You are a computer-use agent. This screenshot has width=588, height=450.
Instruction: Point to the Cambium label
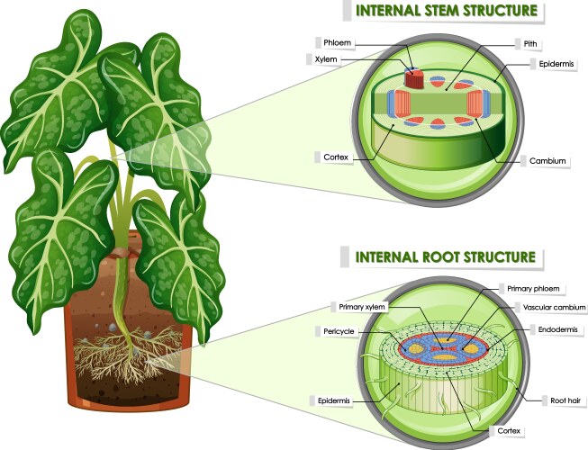[547, 161]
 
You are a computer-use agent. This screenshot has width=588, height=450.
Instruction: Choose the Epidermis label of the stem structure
[551, 64]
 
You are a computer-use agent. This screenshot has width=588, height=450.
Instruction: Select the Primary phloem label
[531, 288]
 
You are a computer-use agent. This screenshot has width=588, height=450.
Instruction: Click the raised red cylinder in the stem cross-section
[414, 78]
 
